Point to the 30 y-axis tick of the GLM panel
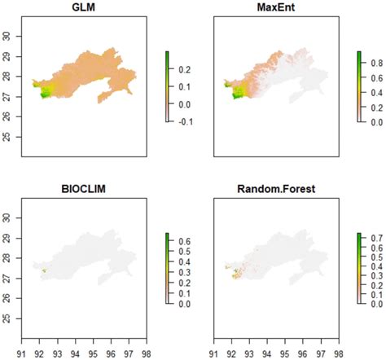10,35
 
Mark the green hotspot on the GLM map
45,94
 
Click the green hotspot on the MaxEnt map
237,94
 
